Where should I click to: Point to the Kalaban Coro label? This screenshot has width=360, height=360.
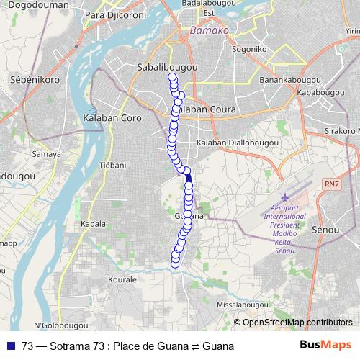[112, 117]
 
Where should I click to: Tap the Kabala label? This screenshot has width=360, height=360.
[93, 224]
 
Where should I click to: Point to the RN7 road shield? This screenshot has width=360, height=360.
[332, 185]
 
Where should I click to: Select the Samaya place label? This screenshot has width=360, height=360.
[46, 154]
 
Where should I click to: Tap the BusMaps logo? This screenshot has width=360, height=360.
[326, 346]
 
